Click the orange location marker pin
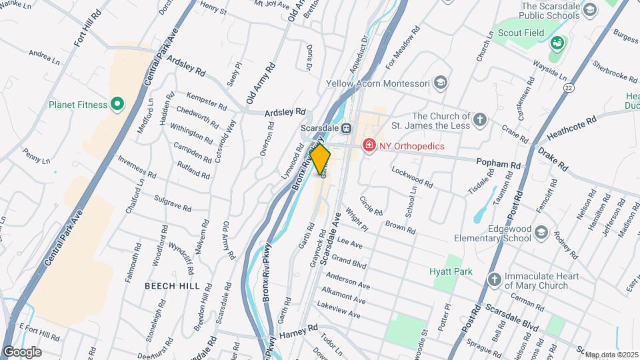tap(320, 158)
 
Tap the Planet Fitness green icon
tap(117, 104)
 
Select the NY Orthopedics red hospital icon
tap(367, 145)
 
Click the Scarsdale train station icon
tap(347, 128)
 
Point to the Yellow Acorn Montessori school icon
tap(439, 83)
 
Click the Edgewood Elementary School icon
tap(540, 232)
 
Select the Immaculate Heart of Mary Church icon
tap(494, 279)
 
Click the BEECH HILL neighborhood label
tap(172, 285)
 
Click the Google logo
tap(23, 351)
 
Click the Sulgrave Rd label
tap(172, 199)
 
